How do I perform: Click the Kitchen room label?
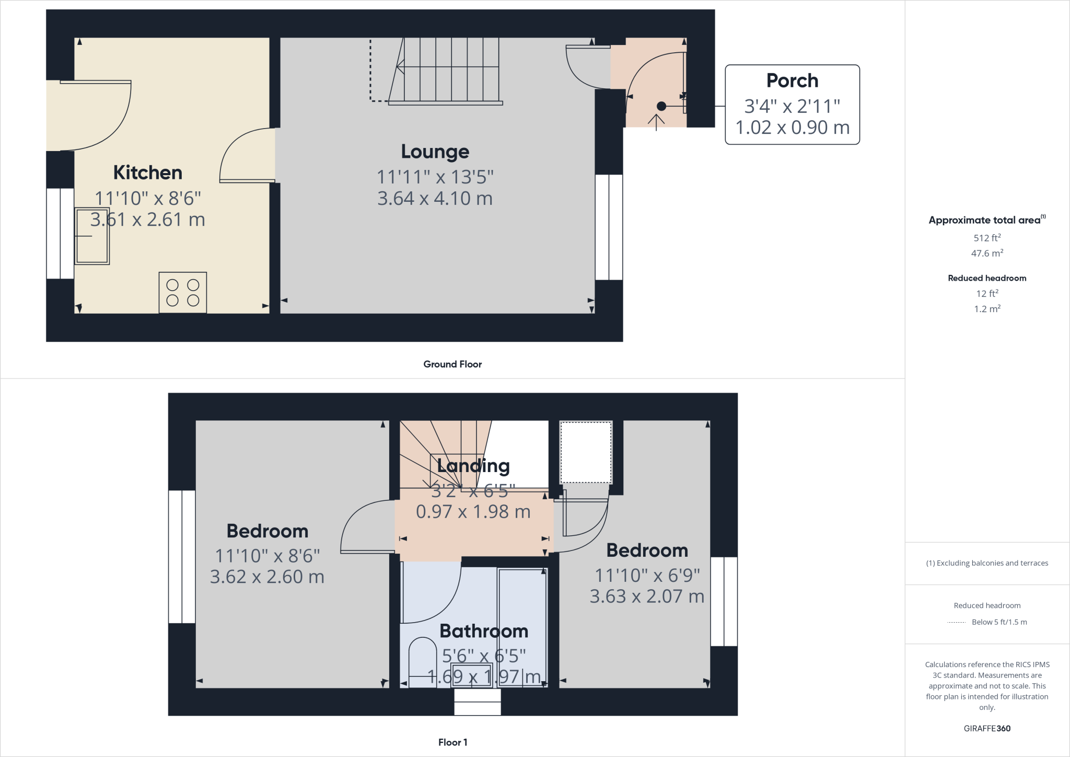point(148,173)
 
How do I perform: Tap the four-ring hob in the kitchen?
point(183,292)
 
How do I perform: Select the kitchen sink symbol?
point(92,236)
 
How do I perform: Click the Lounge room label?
point(435,152)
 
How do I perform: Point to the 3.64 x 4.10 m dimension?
point(435,199)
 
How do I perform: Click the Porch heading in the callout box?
point(792,81)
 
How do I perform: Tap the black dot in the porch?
point(661,106)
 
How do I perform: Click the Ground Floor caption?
point(452,364)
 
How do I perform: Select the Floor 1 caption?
point(452,742)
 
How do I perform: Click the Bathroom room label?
point(484,631)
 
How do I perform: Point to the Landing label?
point(473,465)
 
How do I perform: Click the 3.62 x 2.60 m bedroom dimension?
point(267,577)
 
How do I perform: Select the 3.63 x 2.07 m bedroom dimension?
point(647,597)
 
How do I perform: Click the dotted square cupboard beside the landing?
point(586,452)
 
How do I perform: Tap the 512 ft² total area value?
point(987,238)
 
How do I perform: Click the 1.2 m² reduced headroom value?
point(987,309)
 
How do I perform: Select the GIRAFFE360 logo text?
point(987,728)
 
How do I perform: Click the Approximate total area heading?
point(985,220)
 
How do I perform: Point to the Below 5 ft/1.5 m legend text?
point(999,622)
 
